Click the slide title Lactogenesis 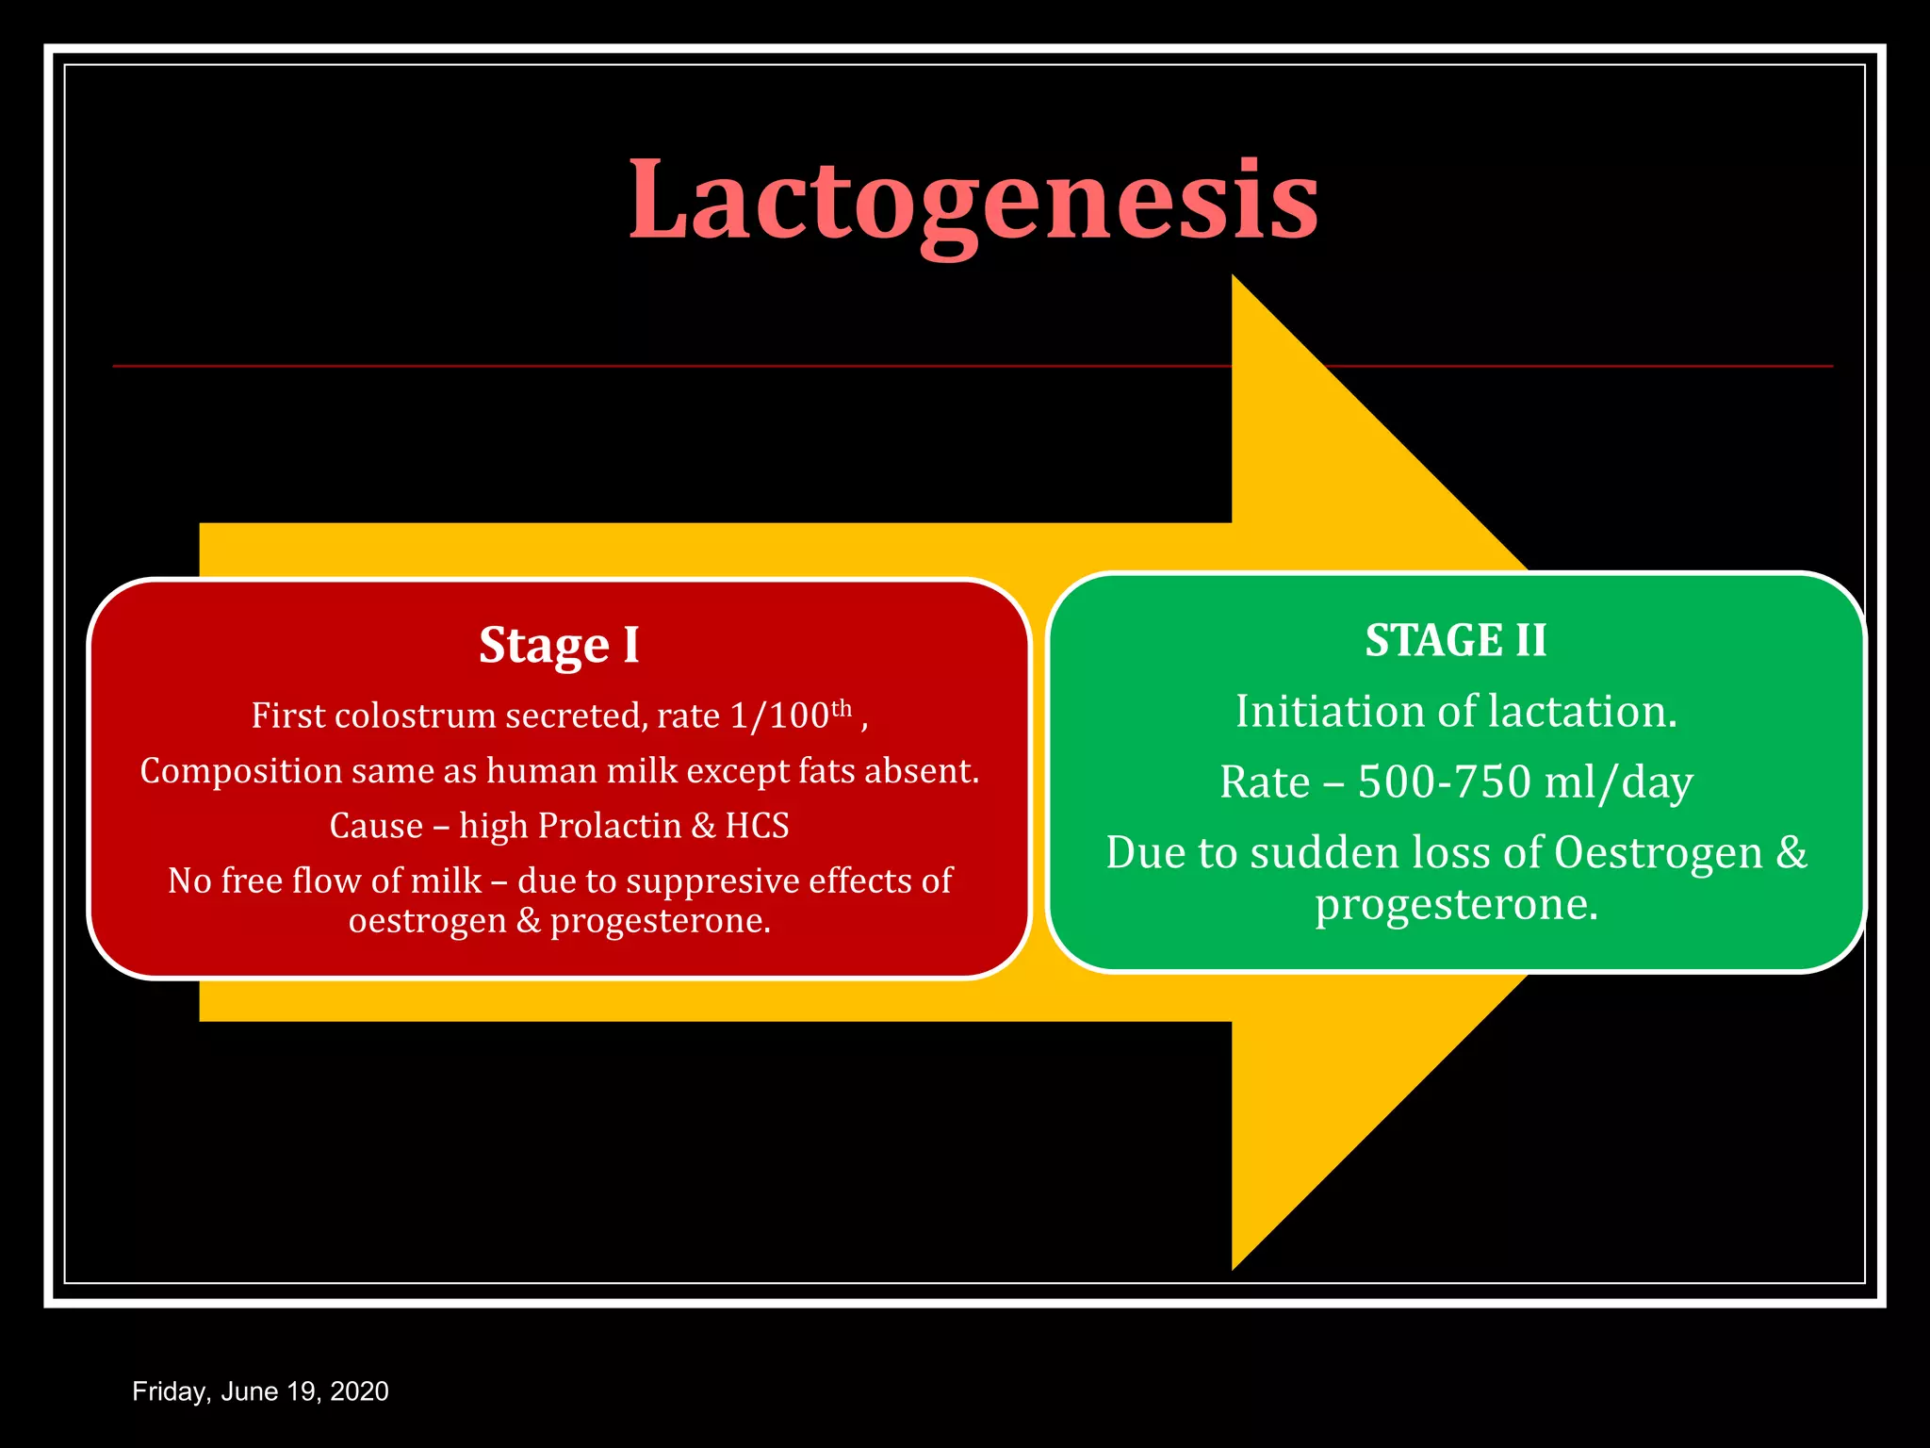click(973, 200)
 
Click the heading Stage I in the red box click(559, 646)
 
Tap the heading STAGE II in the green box click(1456, 641)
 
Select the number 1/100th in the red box click(790, 716)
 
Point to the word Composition click(240, 772)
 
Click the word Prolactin click(609, 826)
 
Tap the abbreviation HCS click(757, 826)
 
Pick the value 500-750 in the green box click(1444, 782)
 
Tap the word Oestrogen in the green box click(1658, 853)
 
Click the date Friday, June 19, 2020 click(260, 1391)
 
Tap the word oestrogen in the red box click(427, 921)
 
